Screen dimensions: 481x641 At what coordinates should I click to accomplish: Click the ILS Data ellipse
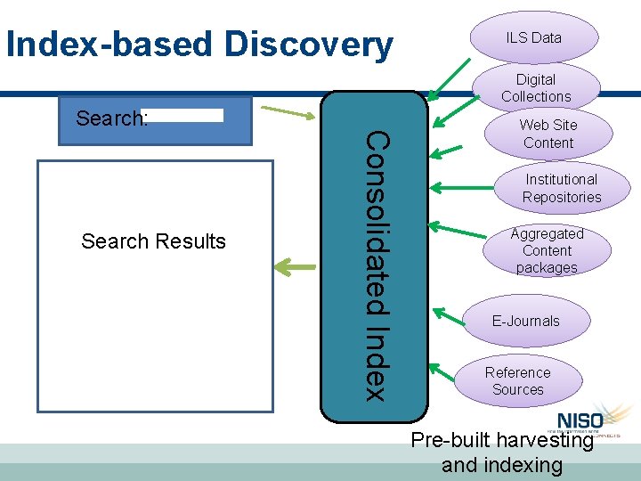click(x=533, y=37)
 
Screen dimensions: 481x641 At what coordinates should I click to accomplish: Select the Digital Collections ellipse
click(x=535, y=87)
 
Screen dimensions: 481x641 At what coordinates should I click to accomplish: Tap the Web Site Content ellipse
click(x=548, y=134)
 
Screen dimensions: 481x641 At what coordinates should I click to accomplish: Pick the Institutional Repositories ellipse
click(x=561, y=188)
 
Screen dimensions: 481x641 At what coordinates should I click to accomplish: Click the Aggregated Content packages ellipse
click(x=547, y=250)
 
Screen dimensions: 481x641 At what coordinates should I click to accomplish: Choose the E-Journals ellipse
click(x=526, y=321)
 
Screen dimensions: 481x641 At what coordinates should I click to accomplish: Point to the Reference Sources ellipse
click(x=517, y=381)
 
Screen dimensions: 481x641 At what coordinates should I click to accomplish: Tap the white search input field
click(x=182, y=115)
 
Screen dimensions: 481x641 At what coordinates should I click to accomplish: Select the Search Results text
click(x=153, y=241)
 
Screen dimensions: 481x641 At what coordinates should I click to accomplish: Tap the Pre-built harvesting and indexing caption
click(x=502, y=452)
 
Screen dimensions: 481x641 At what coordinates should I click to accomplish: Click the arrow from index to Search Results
click(x=295, y=265)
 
